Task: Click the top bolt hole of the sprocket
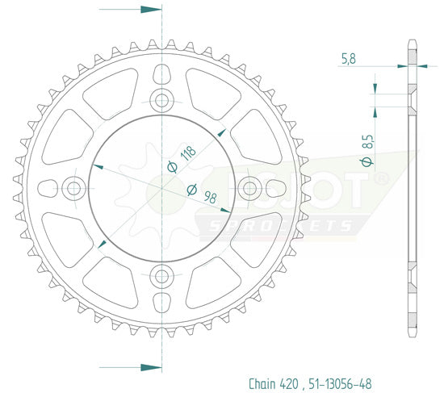[x=162, y=101]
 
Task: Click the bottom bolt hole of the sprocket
[x=162, y=276]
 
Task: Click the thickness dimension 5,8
[x=347, y=57]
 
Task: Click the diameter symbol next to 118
[x=171, y=166]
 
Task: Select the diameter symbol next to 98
[x=192, y=190]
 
